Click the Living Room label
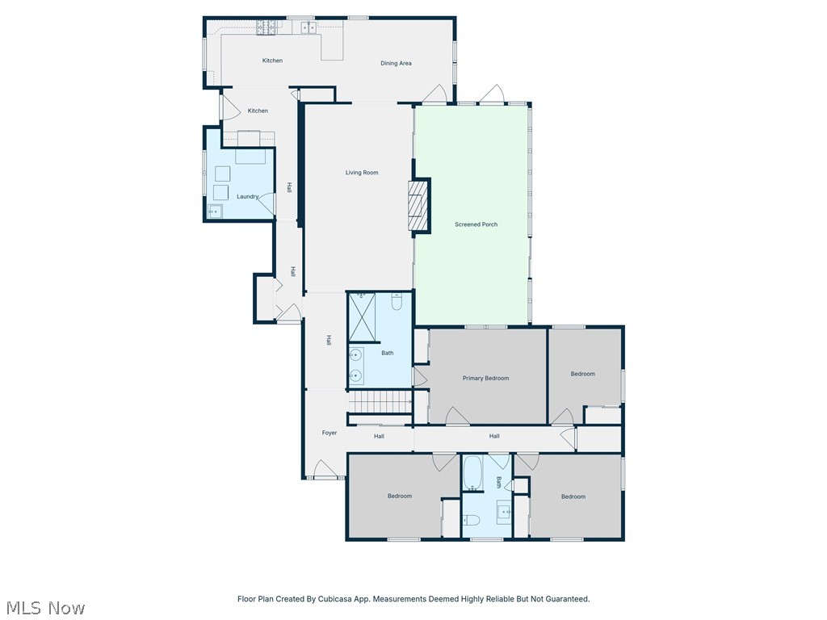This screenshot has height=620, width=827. tap(362, 173)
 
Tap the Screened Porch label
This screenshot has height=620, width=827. tap(476, 224)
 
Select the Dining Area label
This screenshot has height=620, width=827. tap(396, 63)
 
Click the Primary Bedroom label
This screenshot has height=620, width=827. tap(485, 378)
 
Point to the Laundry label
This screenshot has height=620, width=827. tap(247, 196)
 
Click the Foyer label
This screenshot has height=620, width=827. tap(330, 433)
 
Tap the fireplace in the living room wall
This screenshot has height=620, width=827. tap(417, 205)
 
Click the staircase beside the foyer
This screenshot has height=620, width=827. tap(380, 402)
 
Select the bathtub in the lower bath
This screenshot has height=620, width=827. tap(472, 472)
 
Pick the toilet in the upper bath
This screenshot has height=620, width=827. tap(397, 302)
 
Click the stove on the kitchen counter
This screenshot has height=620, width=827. tap(267, 28)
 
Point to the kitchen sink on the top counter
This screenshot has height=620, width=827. tap(309, 28)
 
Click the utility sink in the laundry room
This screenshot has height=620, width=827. tap(215, 212)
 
